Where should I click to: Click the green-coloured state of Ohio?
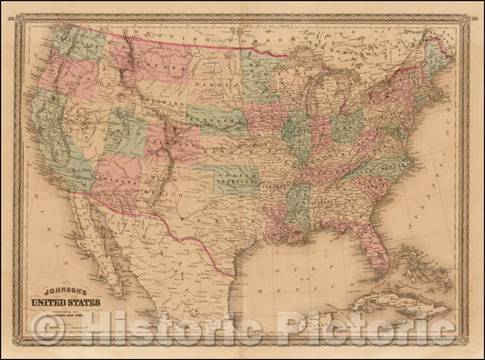(344, 127)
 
